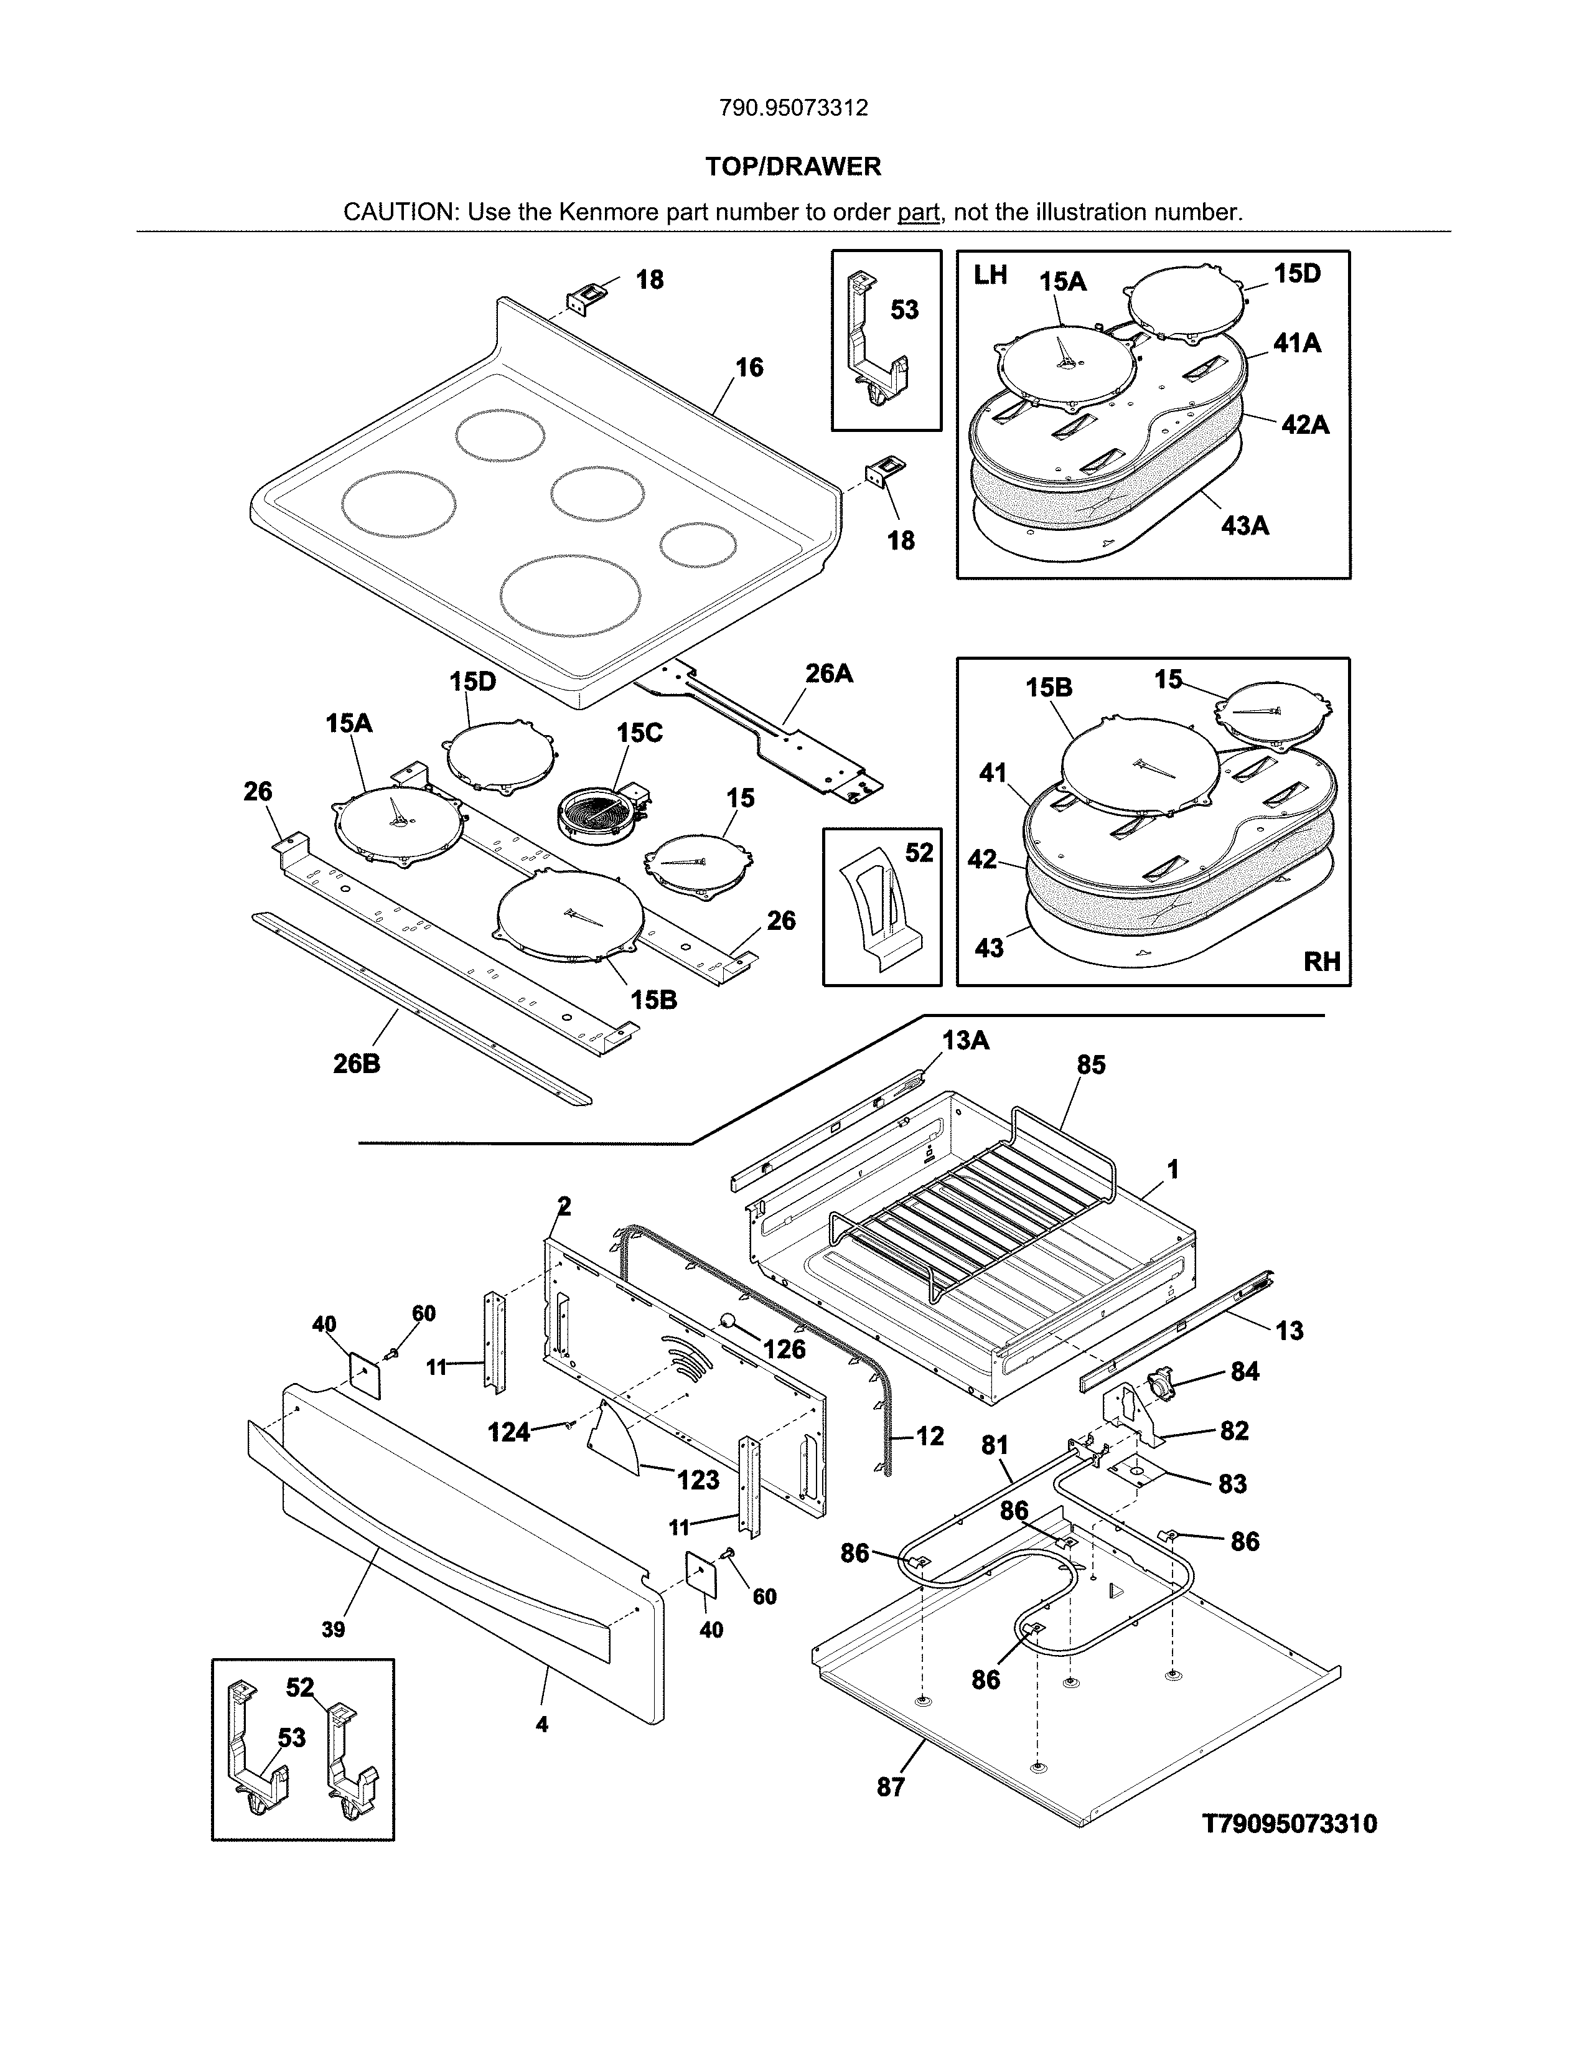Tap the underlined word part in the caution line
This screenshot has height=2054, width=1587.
coord(919,212)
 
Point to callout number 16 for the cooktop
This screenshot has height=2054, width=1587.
coord(749,368)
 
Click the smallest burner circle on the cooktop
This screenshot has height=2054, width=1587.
coord(698,545)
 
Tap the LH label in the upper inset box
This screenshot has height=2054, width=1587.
coord(990,276)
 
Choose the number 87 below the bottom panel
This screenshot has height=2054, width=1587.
coord(891,1787)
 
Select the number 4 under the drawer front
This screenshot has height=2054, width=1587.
coord(541,1725)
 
